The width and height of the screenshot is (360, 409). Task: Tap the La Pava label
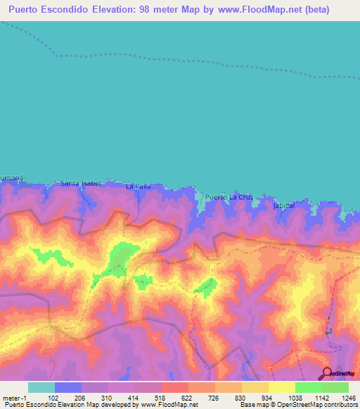point(138,187)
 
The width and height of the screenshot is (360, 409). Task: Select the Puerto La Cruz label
point(229,197)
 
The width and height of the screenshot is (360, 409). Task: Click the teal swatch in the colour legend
point(41,387)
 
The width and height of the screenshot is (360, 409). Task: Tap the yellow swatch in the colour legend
point(281,387)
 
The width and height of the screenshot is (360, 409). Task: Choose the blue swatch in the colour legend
point(67,387)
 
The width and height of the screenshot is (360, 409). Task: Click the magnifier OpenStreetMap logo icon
point(326,374)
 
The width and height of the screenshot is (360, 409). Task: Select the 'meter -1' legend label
point(14,397)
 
